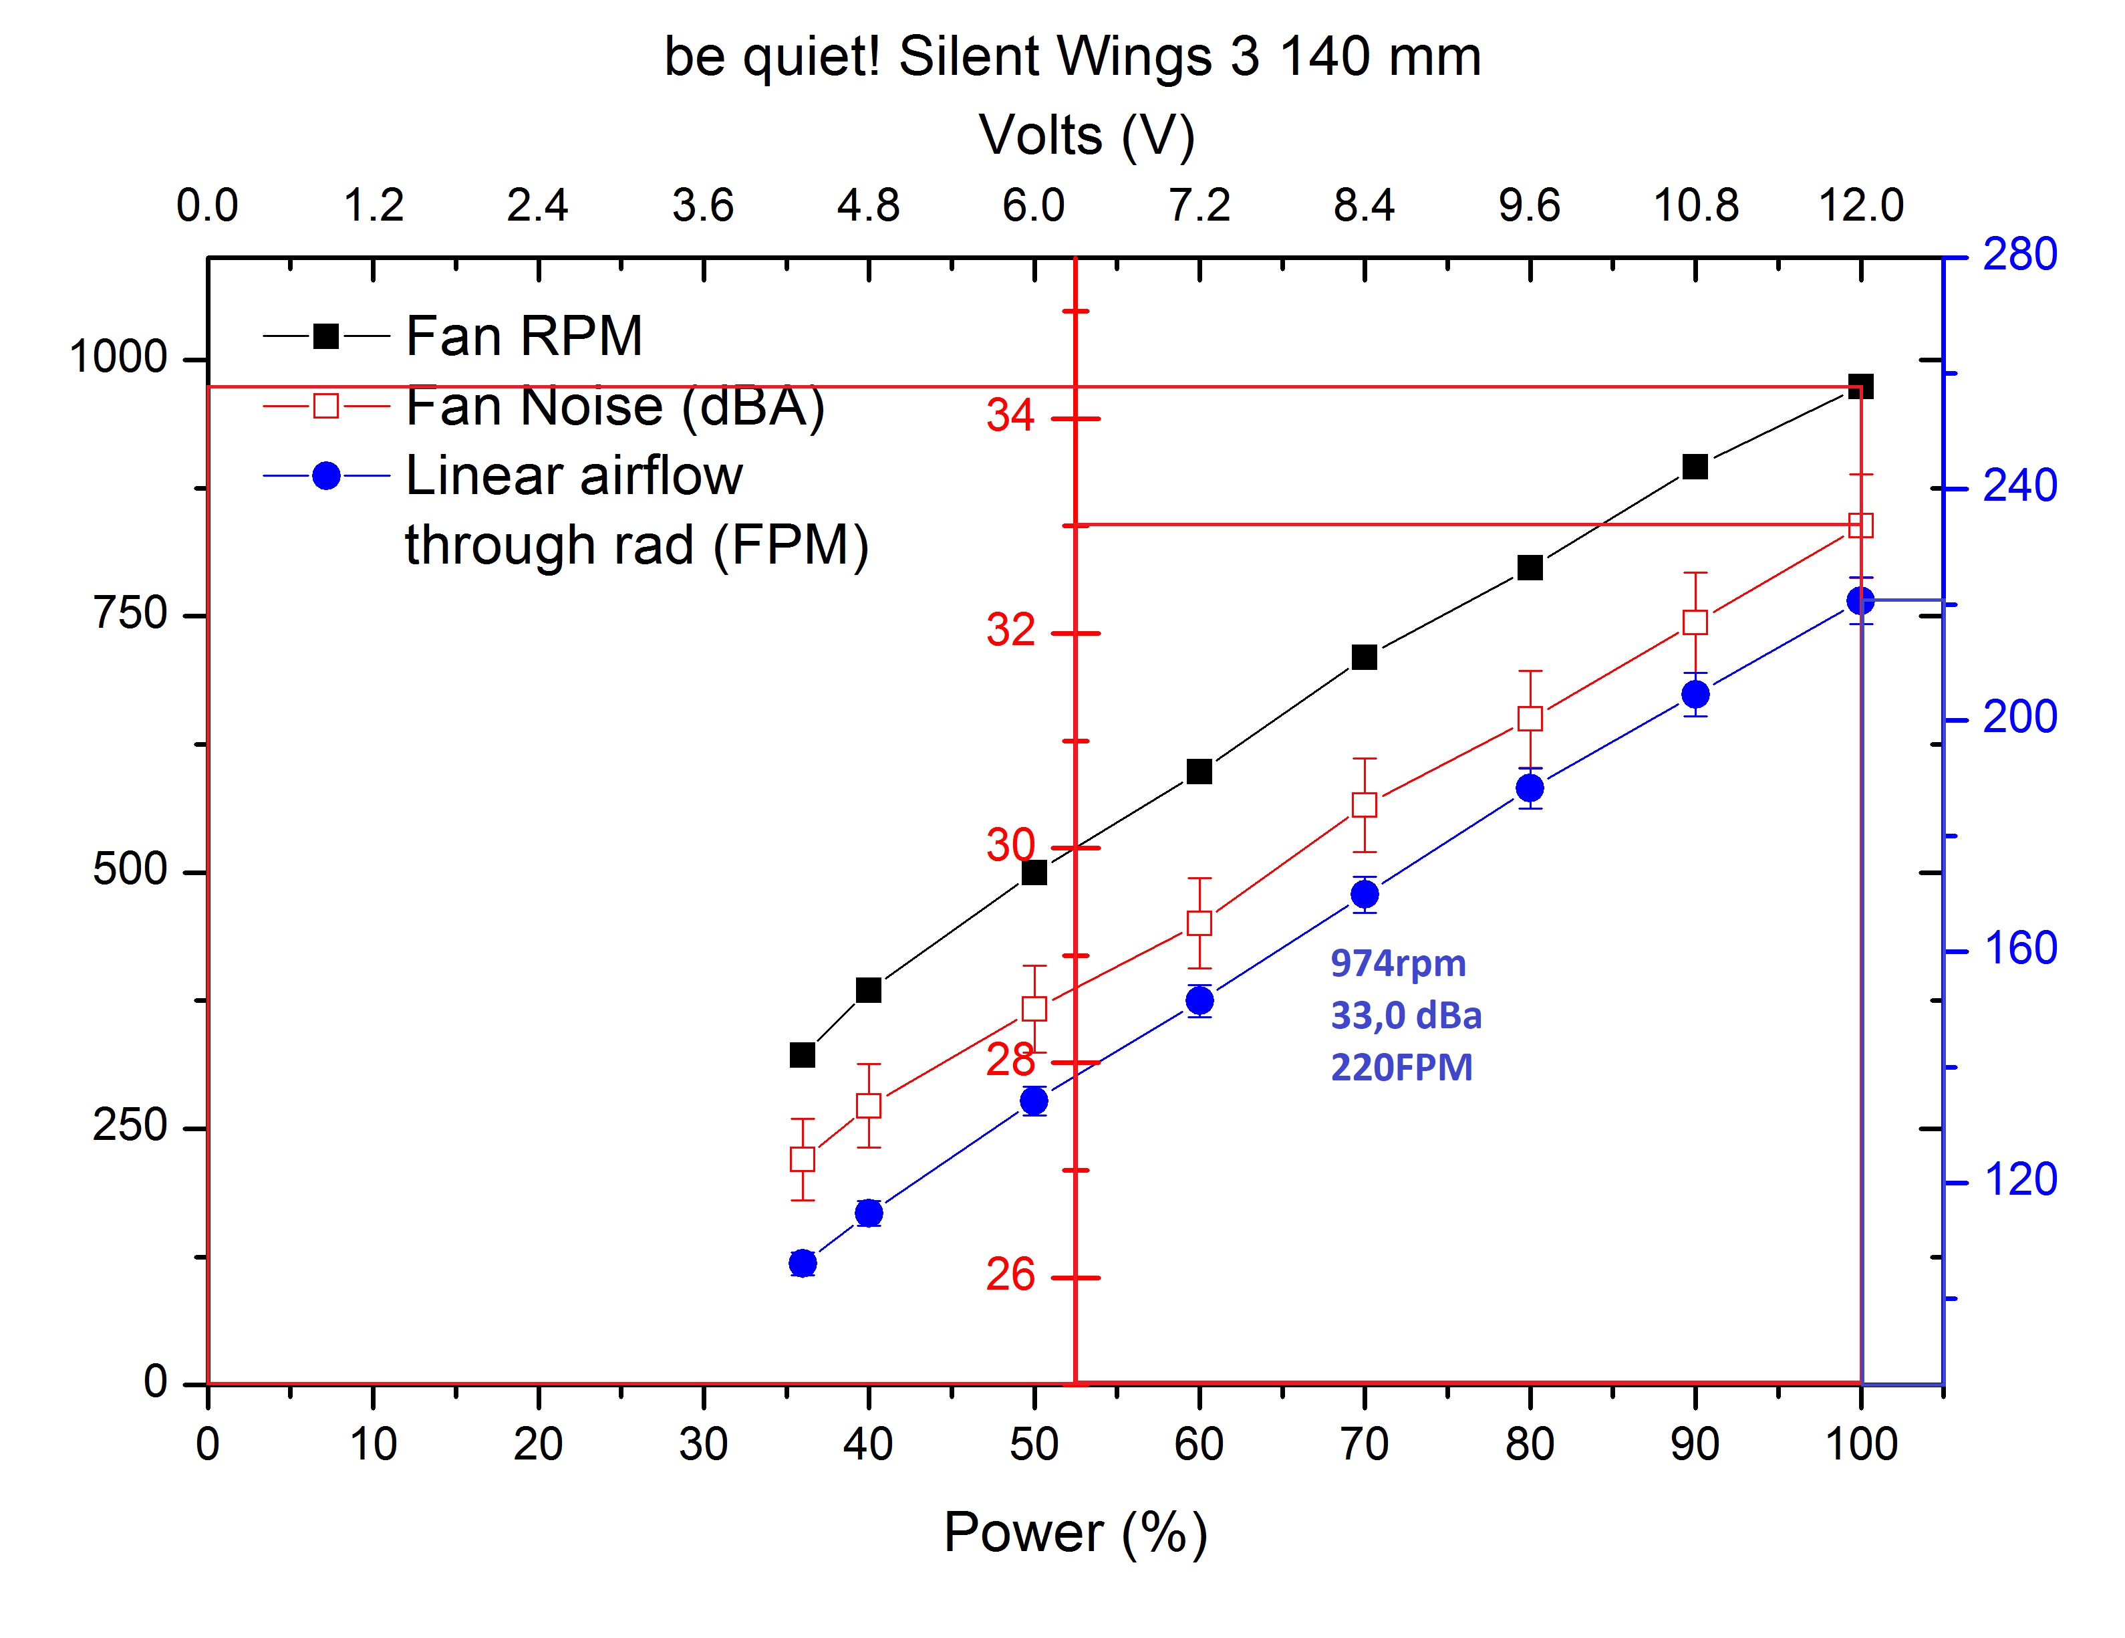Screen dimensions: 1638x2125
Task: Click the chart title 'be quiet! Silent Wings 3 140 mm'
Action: click(1073, 56)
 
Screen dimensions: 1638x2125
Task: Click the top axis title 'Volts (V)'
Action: click(1086, 134)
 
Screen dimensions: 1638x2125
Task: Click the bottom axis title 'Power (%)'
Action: click(1075, 1533)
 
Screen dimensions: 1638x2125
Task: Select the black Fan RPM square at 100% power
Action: click(1860, 386)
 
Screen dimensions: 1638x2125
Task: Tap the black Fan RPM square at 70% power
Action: click(1364, 657)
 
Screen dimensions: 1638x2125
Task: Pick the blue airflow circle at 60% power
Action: click(1199, 1000)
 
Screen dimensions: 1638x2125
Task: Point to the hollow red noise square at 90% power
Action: click(1695, 622)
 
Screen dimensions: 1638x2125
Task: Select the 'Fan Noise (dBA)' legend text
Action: click(615, 406)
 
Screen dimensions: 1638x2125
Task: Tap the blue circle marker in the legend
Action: click(326, 476)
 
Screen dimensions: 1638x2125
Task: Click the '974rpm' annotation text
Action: click(1398, 963)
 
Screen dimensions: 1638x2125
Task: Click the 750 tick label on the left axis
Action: click(130, 614)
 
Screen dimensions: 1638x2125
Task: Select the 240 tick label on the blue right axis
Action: click(2020, 485)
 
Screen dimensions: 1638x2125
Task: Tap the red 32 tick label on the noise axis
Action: click(1010, 630)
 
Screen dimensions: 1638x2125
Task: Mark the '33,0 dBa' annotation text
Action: click(1406, 1015)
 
